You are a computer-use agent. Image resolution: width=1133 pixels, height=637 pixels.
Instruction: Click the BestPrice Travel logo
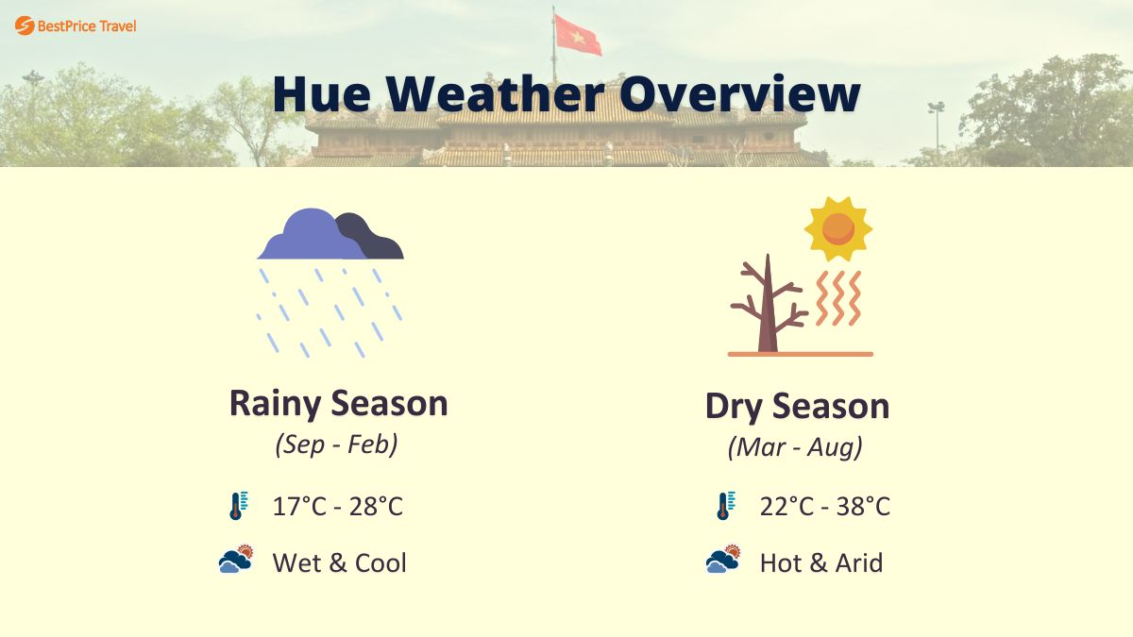(76, 25)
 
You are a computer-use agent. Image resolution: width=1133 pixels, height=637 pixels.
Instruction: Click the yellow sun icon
(837, 228)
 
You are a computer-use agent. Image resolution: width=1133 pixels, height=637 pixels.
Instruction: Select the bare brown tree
(768, 308)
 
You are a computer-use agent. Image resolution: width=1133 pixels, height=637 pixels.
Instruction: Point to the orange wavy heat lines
(838, 298)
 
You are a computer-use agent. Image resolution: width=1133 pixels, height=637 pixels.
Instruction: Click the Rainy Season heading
(338, 404)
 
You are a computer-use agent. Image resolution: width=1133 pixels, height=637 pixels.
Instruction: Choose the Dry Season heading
(797, 407)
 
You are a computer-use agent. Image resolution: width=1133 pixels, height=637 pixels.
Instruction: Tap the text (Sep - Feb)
(337, 444)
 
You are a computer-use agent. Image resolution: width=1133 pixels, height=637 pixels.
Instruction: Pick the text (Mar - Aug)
(795, 447)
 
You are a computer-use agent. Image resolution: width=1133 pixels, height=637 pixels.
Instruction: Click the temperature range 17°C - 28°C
(337, 507)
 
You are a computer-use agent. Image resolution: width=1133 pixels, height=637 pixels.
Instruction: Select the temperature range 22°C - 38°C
(824, 507)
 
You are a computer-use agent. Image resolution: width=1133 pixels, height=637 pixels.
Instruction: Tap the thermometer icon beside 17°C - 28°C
(237, 506)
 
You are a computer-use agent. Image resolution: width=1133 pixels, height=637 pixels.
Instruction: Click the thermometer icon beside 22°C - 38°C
(724, 506)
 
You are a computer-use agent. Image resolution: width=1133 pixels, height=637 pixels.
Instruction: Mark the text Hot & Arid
(820, 563)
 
